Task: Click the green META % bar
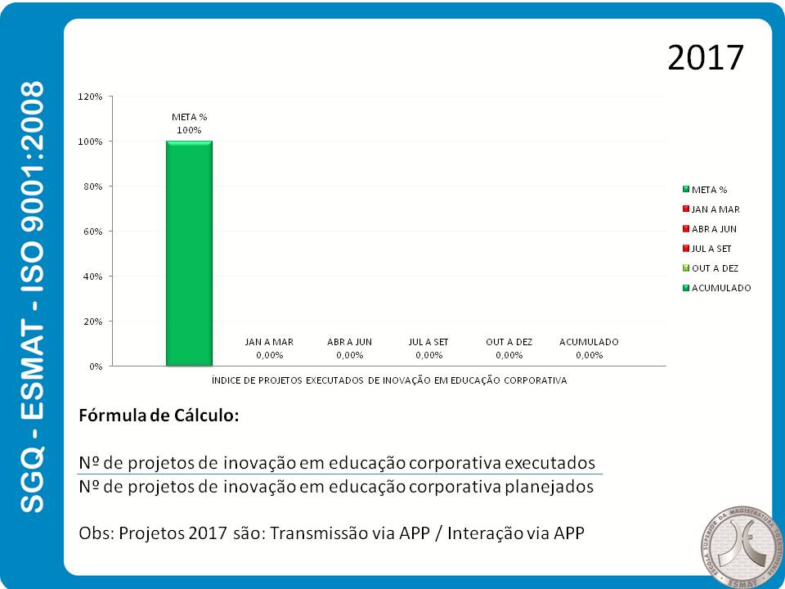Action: point(189,254)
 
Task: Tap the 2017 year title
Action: point(705,58)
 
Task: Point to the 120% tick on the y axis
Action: point(90,97)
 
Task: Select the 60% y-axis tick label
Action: point(92,232)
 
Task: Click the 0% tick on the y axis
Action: point(95,366)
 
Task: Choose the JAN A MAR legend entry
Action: point(715,209)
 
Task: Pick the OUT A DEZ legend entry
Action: point(715,268)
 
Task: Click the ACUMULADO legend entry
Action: point(720,288)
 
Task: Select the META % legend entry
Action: point(709,190)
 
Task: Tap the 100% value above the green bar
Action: point(189,130)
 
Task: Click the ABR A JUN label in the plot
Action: point(349,342)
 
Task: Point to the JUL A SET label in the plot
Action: point(428,342)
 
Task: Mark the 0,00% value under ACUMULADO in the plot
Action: point(589,355)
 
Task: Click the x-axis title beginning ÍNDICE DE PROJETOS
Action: point(389,380)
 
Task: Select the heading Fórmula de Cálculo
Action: point(159,415)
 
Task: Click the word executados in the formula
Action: point(549,461)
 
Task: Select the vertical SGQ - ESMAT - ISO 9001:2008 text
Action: point(32,296)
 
